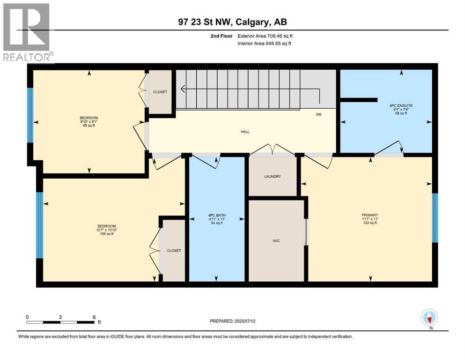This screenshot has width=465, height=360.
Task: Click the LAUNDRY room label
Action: tap(272, 176)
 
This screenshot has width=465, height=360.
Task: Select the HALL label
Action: tap(245, 132)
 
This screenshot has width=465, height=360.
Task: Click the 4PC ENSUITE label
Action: tap(401, 105)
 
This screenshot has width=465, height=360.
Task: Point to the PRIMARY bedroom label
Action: tap(369, 215)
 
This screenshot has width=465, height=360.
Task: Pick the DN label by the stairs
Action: tap(318, 114)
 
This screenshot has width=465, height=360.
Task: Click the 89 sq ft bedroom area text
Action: tap(89, 126)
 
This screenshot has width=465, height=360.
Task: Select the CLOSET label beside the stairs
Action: tap(160, 92)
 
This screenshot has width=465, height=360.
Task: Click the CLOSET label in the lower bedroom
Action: tap(174, 251)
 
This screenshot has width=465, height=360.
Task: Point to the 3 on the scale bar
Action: tap(60, 317)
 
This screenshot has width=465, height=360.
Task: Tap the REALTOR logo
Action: tap(27, 32)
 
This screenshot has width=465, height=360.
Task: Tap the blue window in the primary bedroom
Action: tap(435, 217)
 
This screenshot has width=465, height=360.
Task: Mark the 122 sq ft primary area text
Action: tap(369, 223)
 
